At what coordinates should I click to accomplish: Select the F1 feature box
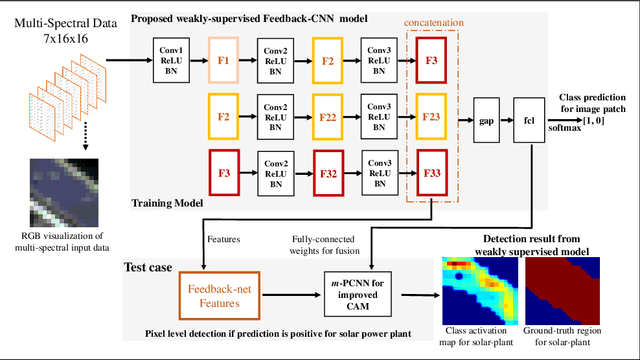(x=223, y=60)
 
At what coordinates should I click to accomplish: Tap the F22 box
(x=328, y=116)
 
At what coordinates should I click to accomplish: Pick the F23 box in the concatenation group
(x=432, y=116)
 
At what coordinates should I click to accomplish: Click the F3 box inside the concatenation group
(x=432, y=60)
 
